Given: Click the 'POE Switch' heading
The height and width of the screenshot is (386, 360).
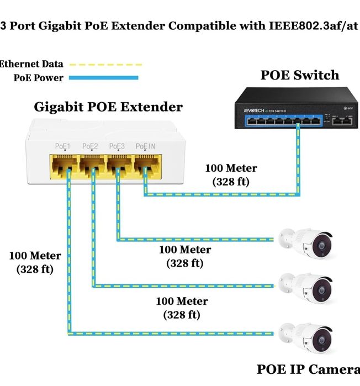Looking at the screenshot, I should point(300,76).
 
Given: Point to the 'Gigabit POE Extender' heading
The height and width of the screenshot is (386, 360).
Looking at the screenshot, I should point(108,107).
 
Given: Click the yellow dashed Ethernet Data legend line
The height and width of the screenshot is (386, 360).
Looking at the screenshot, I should point(106,65).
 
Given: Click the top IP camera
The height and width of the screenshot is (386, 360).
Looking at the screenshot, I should point(307,242).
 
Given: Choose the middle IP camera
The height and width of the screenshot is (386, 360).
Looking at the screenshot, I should point(307,287).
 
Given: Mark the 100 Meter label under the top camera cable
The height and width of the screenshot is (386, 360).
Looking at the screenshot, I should point(185,256).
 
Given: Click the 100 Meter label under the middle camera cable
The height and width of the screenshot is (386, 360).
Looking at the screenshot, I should point(182,308).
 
